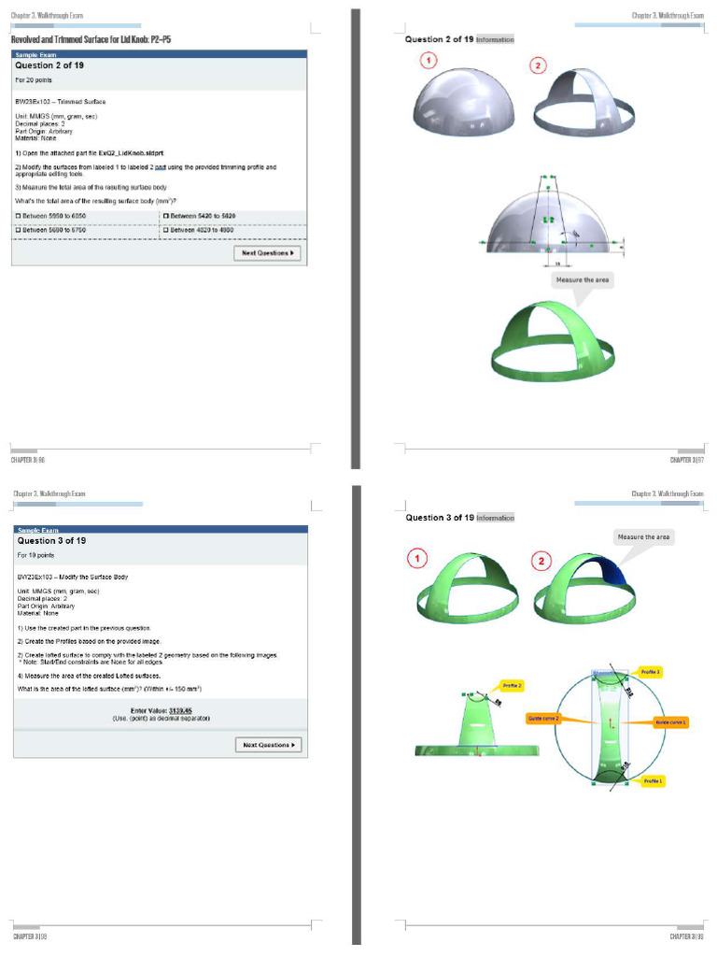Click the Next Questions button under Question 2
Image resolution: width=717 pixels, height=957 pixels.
(267, 252)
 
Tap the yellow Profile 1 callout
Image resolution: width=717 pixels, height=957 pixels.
(652, 780)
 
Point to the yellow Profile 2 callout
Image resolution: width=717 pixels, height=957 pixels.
(513, 685)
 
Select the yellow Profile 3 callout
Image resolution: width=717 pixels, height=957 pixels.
(651, 672)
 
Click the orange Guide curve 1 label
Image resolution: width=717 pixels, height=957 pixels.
(671, 721)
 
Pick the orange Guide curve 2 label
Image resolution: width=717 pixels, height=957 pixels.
(543, 719)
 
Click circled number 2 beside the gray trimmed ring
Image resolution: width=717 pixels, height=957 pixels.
(538, 65)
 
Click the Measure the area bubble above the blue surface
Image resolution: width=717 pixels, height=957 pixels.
(643, 537)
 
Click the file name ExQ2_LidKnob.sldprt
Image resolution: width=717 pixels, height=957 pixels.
(135, 151)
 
